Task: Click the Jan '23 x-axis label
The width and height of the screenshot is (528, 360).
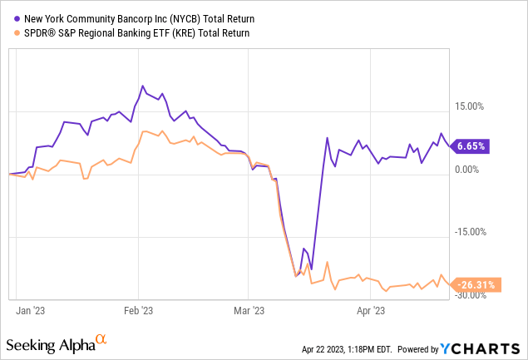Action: (x=32, y=311)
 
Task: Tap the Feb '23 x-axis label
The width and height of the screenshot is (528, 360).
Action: (x=139, y=311)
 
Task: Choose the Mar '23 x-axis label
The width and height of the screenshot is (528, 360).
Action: (x=247, y=311)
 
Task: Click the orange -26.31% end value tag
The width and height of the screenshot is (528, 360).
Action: (x=475, y=284)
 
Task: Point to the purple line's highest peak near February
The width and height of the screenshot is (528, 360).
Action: (x=142, y=86)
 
